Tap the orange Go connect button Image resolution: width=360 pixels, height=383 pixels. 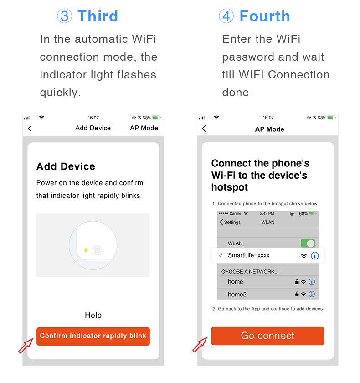[267, 336]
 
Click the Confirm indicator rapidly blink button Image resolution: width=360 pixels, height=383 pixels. [93, 336]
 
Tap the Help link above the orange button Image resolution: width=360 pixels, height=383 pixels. [93, 315]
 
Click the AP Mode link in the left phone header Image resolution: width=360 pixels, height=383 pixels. [144, 128]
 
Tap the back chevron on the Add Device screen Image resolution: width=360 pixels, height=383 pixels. [30, 129]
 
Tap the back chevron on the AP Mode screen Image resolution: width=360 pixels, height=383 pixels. [204, 129]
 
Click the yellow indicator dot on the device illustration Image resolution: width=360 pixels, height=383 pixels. [86, 250]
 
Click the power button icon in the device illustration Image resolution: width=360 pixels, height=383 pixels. [97, 250]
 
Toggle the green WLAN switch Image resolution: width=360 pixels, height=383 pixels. [308, 243]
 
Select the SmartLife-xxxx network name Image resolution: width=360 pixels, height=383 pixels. [248, 255]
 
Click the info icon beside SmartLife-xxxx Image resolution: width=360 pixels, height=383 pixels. [314, 256]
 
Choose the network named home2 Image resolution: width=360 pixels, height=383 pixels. [237, 295]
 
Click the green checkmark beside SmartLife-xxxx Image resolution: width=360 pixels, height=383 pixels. [221, 255]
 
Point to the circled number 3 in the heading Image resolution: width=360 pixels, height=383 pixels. [64, 16]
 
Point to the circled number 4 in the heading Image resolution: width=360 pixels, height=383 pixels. [226, 16]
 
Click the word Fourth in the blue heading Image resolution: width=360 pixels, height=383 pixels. [264, 16]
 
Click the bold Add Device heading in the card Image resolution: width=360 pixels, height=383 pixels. [66, 166]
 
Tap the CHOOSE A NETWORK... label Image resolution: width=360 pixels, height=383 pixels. [250, 272]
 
